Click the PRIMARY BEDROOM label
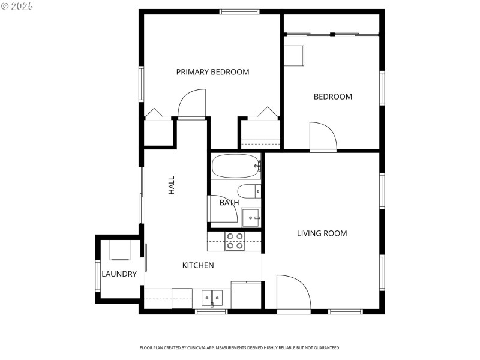pyautogui.click(x=212, y=72)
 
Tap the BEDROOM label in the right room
pyautogui.click(x=333, y=97)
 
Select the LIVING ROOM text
pyautogui.click(x=322, y=233)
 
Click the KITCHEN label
pyautogui.click(x=198, y=265)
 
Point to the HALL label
pyautogui.click(x=172, y=185)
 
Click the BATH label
pyautogui.click(x=229, y=203)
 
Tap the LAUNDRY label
pyautogui.click(x=119, y=274)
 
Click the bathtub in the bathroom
pyautogui.click(x=236, y=166)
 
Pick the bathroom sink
pyautogui.click(x=251, y=218)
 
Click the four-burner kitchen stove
pyautogui.click(x=235, y=241)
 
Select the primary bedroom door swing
pyautogui.click(x=192, y=104)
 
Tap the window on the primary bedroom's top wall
pyautogui.click(x=239, y=11)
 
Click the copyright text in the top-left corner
pyautogui.click(x=17, y=6)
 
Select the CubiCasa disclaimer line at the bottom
pyautogui.click(x=240, y=347)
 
